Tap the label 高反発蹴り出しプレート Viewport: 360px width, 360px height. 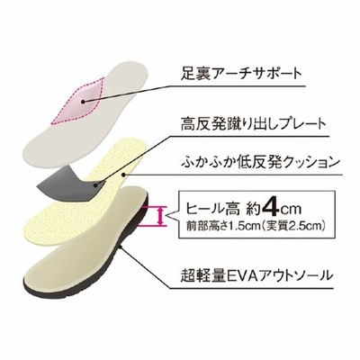[x=253, y=123]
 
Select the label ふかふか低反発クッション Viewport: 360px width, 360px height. [x=260, y=162]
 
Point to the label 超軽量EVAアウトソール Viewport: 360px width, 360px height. [x=256, y=275]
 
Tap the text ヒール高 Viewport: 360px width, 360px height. [x=212, y=209]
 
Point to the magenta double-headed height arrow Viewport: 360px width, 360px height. [x=161, y=216]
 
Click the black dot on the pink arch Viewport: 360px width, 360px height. [x=84, y=102]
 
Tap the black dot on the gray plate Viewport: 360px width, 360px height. [x=95, y=185]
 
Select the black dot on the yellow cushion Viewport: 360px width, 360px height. [x=123, y=175]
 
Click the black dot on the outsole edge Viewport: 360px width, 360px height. [x=121, y=247]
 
